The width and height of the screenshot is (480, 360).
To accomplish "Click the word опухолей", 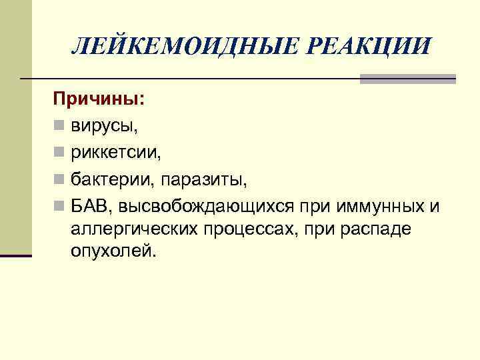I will coord(115,251).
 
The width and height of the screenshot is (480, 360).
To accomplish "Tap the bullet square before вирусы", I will coord(60,126).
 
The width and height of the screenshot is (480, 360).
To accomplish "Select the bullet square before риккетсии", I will coord(60,153).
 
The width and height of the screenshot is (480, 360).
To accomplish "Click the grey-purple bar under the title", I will coord(407,79).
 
